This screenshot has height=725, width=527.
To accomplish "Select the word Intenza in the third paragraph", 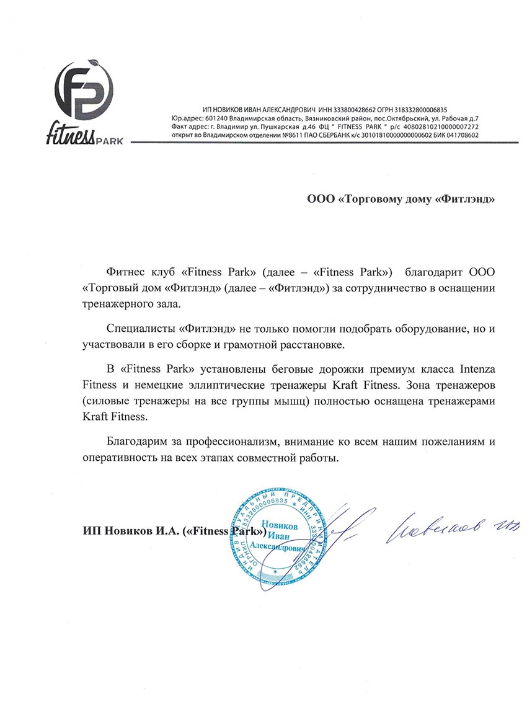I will pos(477,370).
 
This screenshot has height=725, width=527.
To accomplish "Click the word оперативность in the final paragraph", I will pos(118,459).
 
